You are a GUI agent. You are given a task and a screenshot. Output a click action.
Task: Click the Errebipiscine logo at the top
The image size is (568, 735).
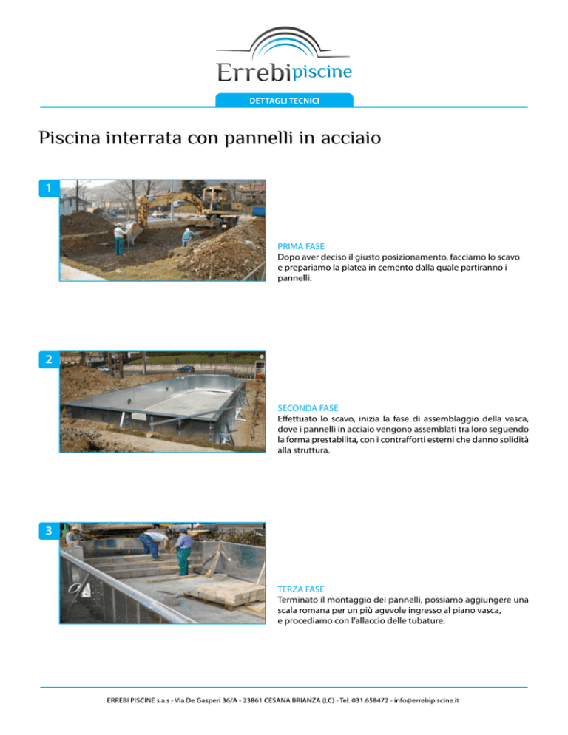click(x=284, y=55)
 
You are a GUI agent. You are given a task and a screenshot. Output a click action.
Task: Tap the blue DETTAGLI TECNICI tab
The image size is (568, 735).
click(x=284, y=101)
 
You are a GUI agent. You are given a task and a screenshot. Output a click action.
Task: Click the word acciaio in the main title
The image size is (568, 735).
click(x=351, y=138)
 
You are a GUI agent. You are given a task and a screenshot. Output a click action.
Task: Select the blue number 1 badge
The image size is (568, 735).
click(x=49, y=188)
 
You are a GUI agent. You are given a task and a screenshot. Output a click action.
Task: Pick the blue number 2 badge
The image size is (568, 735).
click(x=49, y=359)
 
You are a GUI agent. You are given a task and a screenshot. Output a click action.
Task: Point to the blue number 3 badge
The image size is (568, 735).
click(x=49, y=531)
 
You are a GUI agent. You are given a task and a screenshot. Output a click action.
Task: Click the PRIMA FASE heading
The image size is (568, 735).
click(x=301, y=246)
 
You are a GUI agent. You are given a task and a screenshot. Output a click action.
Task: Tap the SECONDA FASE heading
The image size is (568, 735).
click(x=308, y=408)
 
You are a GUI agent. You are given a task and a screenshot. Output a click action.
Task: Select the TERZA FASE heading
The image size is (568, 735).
click(x=301, y=589)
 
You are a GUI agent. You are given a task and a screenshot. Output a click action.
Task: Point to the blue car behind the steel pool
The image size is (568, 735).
click(x=186, y=369)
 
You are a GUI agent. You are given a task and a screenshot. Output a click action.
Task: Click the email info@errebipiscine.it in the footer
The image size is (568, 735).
click(x=426, y=700)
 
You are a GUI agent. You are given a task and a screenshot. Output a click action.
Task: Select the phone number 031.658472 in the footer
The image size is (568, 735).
click(x=370, y=700)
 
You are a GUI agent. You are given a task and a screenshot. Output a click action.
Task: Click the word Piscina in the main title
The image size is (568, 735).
click(x=70, y=138)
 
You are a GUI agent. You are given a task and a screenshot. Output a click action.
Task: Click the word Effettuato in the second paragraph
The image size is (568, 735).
click(x=298, y=419)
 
